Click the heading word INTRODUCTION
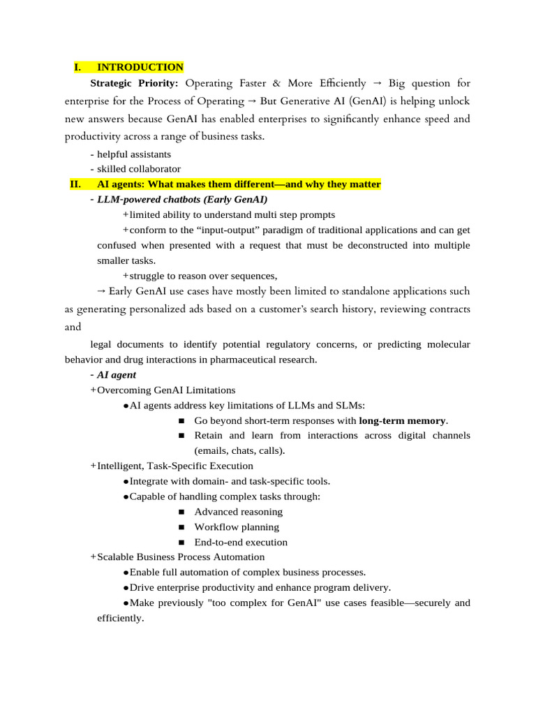pos(140,67)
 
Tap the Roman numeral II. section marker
pos(77,184)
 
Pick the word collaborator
pos(154,169)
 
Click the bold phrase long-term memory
pos(402,420)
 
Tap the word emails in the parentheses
pos(212,451)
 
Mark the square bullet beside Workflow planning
pos(181,527)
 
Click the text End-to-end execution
pos(241,543)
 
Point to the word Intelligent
pos(121,466)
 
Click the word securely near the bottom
pos(433,603)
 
